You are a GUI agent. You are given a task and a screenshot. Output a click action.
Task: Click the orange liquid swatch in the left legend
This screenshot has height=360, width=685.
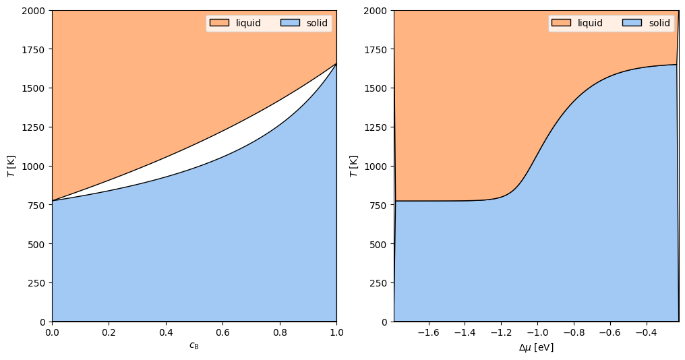(x=219, y=23)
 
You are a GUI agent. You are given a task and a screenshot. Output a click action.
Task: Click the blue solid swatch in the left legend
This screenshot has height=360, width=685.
(x=290, y=23)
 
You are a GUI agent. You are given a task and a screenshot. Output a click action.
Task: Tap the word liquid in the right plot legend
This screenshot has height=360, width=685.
(x=590, y=23)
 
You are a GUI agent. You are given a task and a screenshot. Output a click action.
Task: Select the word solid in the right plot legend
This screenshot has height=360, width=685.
(x=659, y=23)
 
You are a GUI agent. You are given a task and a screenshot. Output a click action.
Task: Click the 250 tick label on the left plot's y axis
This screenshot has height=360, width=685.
(x=36, y=283)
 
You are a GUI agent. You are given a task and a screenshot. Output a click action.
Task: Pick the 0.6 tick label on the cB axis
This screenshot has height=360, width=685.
(x=222, y=332)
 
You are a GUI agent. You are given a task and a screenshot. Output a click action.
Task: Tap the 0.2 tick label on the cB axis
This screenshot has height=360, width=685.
(x=109, y=332)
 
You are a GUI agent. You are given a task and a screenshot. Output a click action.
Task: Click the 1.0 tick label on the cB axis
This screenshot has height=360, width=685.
(x=336, y=332)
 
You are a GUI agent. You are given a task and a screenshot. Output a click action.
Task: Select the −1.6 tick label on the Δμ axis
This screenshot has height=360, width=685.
(x=429, y=332)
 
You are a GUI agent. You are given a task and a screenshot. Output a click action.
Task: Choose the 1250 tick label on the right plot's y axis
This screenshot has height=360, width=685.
(x=376, y=127)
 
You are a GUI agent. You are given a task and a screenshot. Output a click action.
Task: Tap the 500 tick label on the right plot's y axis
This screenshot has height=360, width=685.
(x=379, y=244)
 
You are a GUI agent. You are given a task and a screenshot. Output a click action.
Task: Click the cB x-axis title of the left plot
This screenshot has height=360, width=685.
(x=194, y=346)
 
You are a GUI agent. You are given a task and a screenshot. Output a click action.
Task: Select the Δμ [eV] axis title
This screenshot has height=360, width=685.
(x=536, y=347)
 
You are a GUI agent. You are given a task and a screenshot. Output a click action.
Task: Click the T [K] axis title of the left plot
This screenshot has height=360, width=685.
(x=11, y=166)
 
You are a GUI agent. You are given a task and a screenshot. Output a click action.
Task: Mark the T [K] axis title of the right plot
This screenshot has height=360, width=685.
(x=354, y=166)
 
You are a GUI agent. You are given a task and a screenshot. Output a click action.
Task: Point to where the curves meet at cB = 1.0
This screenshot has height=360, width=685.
(x=336, y=64)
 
